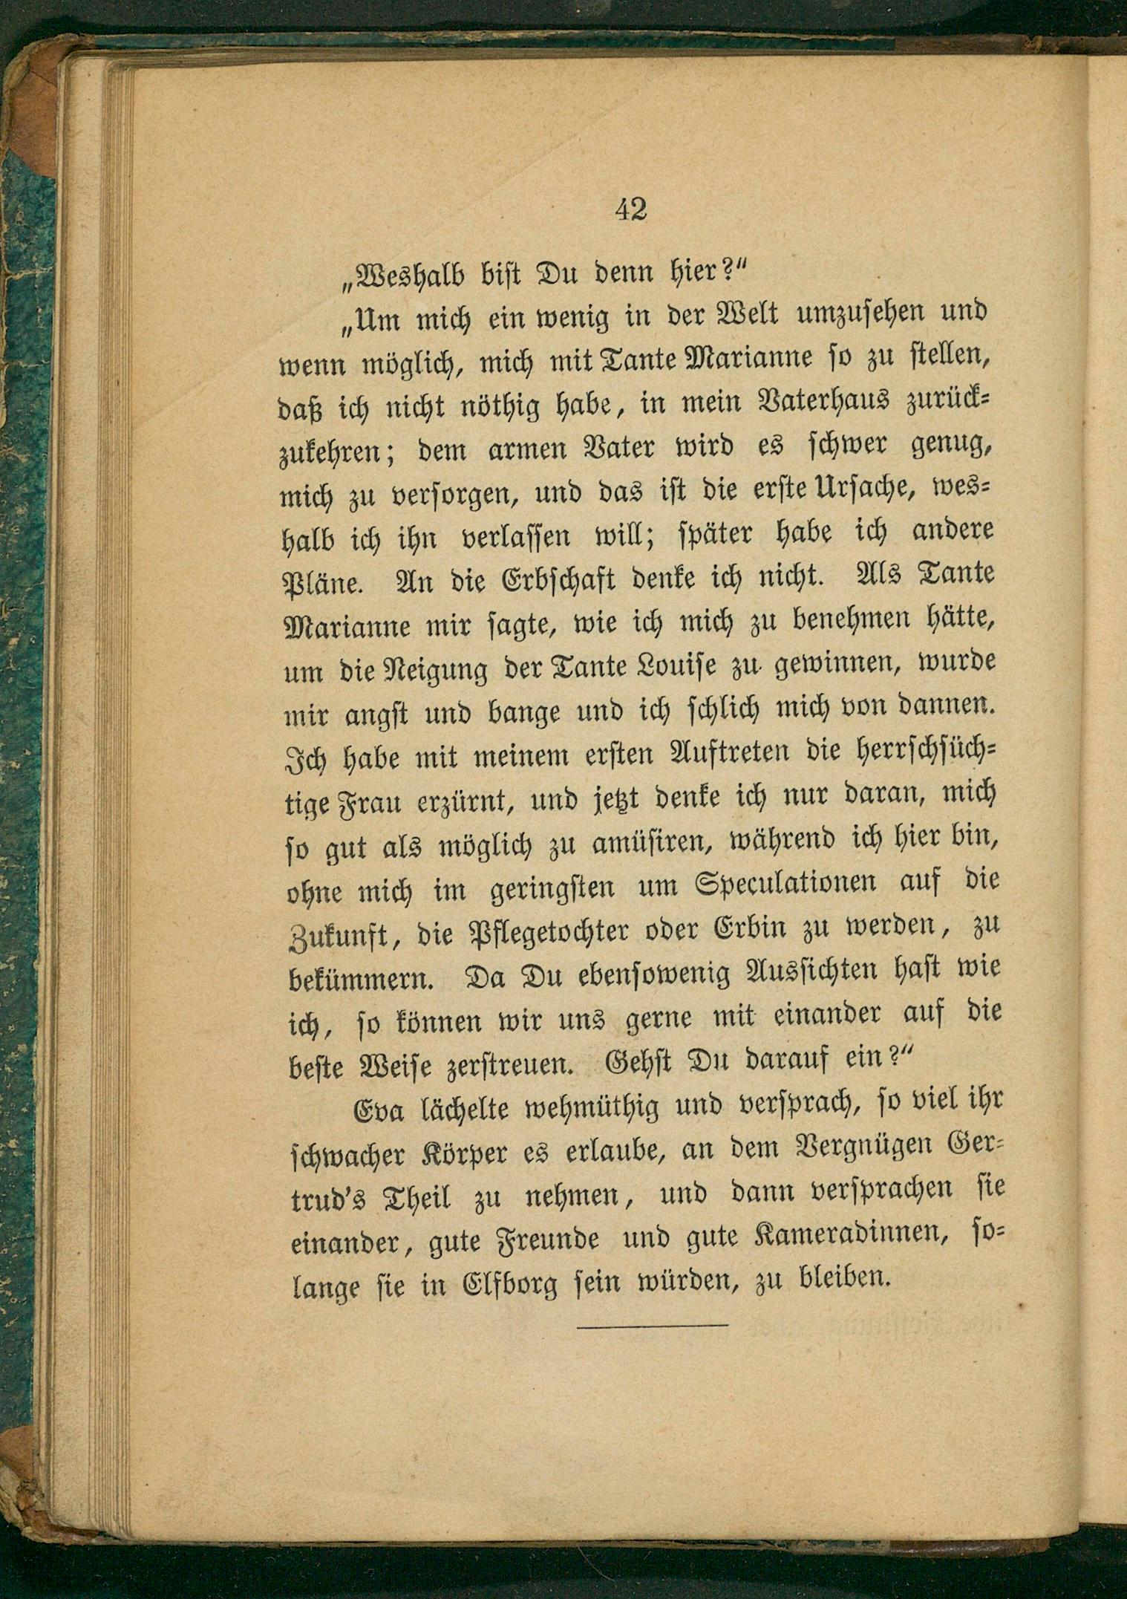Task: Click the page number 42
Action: coord(631,210)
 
